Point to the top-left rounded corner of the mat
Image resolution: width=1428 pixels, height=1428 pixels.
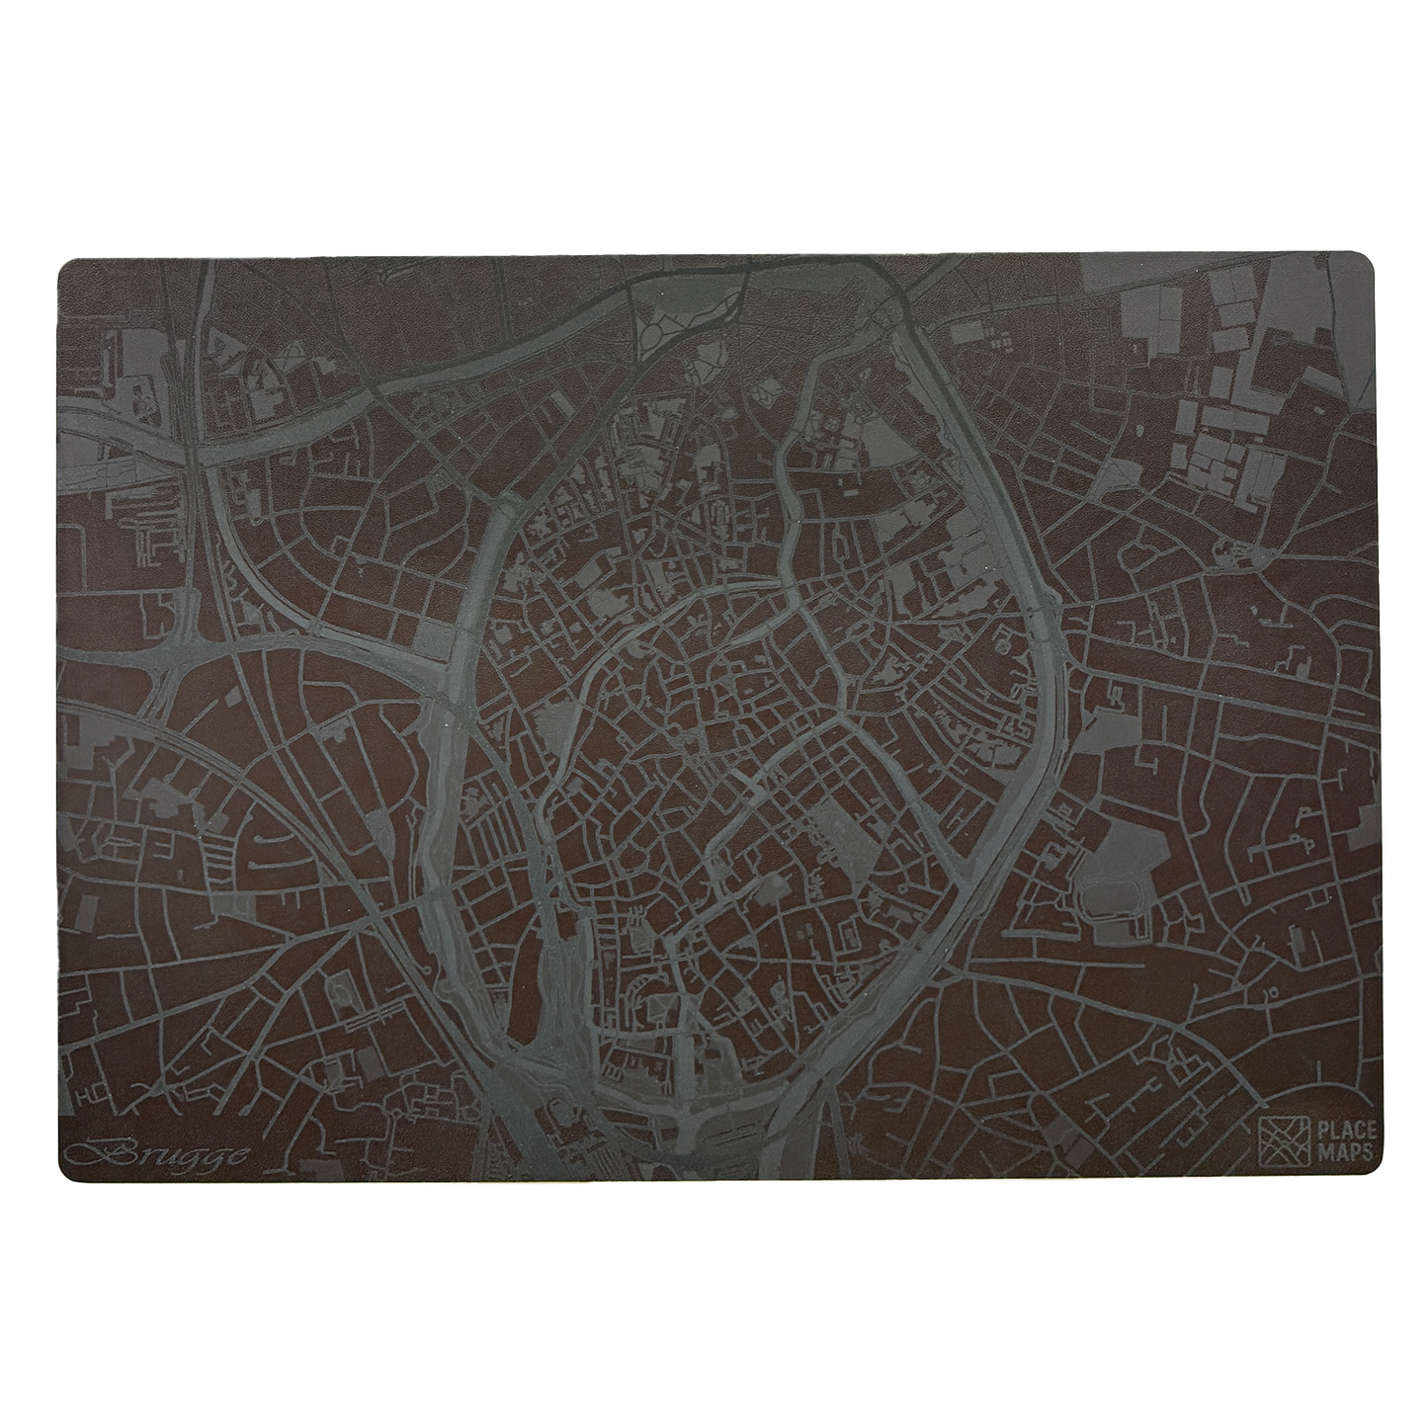[x=67, y=268]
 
